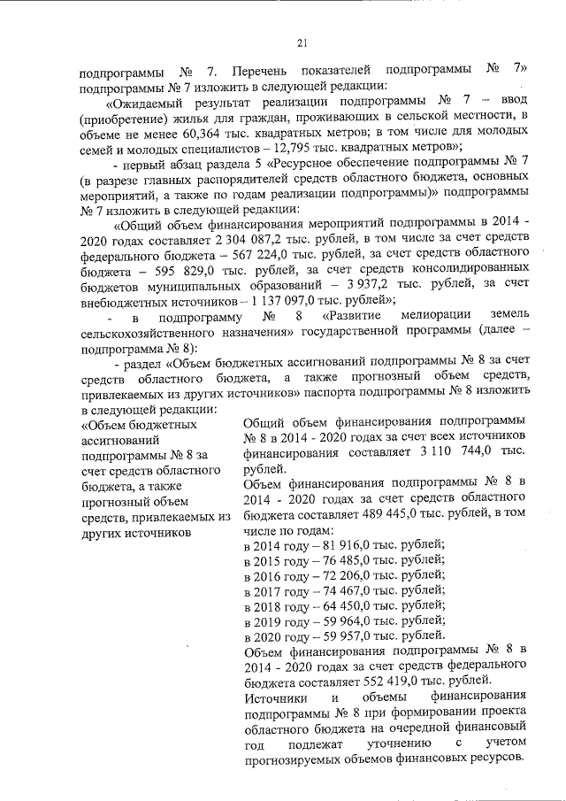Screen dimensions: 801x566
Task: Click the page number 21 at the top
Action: (x=301, y=42)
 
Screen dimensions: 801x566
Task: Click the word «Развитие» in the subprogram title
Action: (x=353, y=316)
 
